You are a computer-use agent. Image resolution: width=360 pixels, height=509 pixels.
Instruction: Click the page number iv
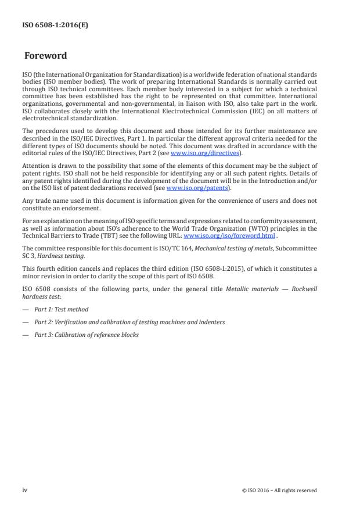pyautogui.click(x=25, y=490)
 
